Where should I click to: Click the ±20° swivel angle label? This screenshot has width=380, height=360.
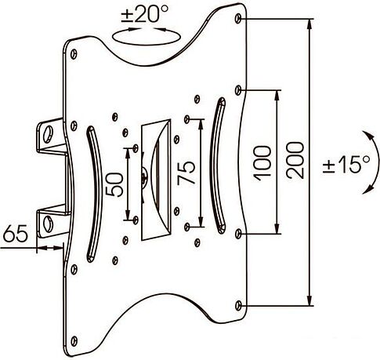click(x=145, y=14)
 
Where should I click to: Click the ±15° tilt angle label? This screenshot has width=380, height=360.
click(x=346, y=165)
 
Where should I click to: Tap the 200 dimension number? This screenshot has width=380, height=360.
click(x=295, y=160)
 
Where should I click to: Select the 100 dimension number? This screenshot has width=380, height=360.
click(x=262, y=164)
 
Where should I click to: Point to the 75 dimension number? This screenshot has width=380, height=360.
click(x=186, y=173)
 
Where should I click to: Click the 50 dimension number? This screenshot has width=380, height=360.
click(x=114, y=184)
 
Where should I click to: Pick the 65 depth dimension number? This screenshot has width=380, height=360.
click(x=16, y=233)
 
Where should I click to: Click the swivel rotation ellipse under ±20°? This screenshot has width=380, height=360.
click(x=147, y=42)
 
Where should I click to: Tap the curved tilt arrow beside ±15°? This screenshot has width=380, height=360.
click(x=376, y=162)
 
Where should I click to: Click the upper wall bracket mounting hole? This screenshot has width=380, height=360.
click(x=49, y=135)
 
